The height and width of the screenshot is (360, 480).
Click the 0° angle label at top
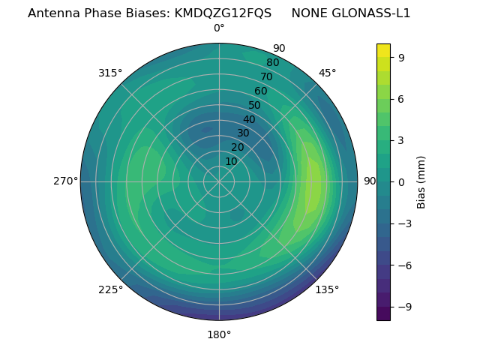point(219,28)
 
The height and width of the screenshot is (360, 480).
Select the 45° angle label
point(327,73)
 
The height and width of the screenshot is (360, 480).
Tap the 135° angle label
point(327,289)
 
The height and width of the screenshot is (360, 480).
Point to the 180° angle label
point(219,334)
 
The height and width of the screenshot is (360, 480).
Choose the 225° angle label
point(110,289)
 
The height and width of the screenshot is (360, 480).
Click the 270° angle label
point(65,181)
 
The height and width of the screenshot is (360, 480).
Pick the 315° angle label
point(110,73)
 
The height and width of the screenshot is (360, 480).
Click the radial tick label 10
point(231,161)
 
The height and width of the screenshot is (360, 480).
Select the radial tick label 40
point(249,119)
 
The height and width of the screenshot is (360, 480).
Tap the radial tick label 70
point(266,76)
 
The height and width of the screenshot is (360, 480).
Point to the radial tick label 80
point(272,62)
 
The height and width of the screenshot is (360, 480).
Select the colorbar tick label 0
point(402,181)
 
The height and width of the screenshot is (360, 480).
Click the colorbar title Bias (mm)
point(421,181)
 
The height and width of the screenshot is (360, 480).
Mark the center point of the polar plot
point(219,181)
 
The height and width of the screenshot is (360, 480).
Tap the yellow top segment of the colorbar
point(383,50)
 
